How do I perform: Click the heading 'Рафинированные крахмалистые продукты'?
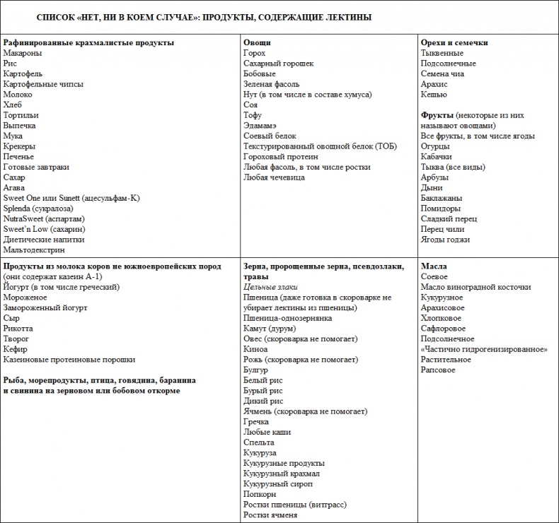click(88, 42)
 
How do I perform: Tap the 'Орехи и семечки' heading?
click(454, 42)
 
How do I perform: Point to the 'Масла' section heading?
click(434, 266)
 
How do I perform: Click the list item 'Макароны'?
click(22, 53)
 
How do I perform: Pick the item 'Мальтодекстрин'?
click(34, 249)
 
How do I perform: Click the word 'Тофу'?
click(253, 115)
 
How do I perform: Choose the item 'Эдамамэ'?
click(260, 126)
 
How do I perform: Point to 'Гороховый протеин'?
click(281, 157)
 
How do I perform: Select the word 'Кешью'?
click(434, 94)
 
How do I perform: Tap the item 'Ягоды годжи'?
click(445, 240)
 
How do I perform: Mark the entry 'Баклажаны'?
click(441, 198)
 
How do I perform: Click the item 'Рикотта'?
click(18, 329)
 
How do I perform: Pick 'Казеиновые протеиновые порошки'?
click(69, 360)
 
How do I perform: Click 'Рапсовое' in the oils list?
click(439, 370)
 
